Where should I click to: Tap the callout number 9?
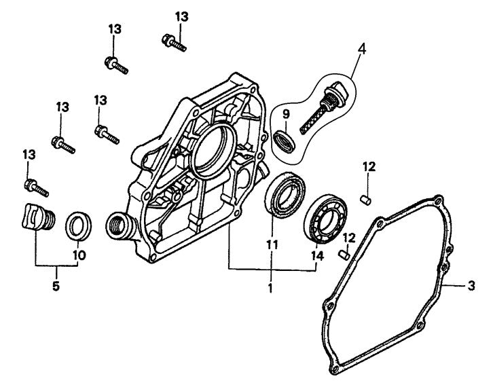click(x=285, y=114)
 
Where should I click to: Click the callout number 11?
click(x=272, y=242)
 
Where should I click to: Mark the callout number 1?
click(x=270, y=287)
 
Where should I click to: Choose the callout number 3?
click(x=471, y=286)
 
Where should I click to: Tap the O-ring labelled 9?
click(x=286, y=143)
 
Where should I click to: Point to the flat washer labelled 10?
click(x=79, y=225)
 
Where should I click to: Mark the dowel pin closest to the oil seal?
click(x=344, y=254)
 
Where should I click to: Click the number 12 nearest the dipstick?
click(x=367, y=166)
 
